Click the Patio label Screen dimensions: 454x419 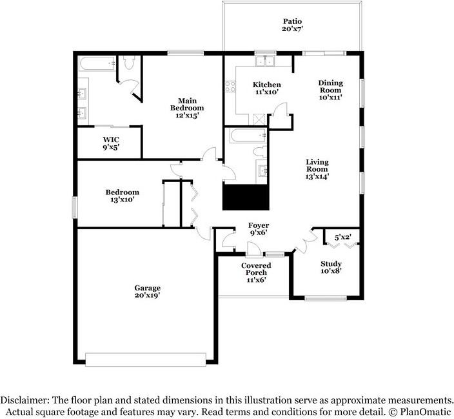(292, 21)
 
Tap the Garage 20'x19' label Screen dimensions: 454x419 (148, 291)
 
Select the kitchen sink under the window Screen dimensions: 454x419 (266, 61)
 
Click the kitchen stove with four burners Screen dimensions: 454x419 (230, 87)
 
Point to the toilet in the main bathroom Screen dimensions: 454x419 (129, 62)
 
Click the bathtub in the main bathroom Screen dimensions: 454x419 (97, 63)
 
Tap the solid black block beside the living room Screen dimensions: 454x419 (246, 197)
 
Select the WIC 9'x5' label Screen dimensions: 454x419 (111, 143)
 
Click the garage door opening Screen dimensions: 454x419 (146, 360)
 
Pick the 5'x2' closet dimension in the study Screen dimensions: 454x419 (343, 237)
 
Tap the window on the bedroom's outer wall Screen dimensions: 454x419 (75, 207)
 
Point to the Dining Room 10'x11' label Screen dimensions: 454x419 (330, 90)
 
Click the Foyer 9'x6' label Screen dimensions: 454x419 (258, 229)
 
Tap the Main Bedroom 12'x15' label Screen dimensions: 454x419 (187, 108)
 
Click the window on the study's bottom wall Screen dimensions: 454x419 (326, 298)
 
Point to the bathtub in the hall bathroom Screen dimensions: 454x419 (248, 136)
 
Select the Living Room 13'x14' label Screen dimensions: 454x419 (317, 169)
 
